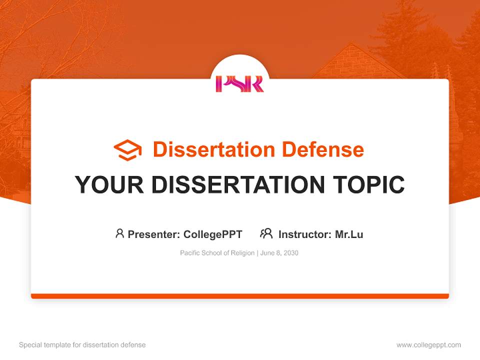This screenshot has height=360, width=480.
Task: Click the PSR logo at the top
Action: [239, 83]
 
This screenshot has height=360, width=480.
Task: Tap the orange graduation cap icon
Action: [127, 149]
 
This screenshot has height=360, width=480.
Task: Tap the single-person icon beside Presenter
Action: [119, 233]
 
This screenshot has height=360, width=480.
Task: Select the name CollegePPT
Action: [213, 234]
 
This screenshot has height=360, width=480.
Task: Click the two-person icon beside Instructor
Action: [266, 233]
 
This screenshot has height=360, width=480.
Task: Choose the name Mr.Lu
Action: [349, 234]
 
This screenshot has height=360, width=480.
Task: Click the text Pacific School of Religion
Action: [217, 253]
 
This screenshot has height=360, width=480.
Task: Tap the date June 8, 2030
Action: [279, 253]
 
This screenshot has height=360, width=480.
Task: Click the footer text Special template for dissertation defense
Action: [82, 345]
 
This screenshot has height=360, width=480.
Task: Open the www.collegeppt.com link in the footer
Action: [428, 345]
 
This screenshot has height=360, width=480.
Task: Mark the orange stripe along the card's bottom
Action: [240, 296]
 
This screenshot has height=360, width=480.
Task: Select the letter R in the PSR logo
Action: [257, 83]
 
